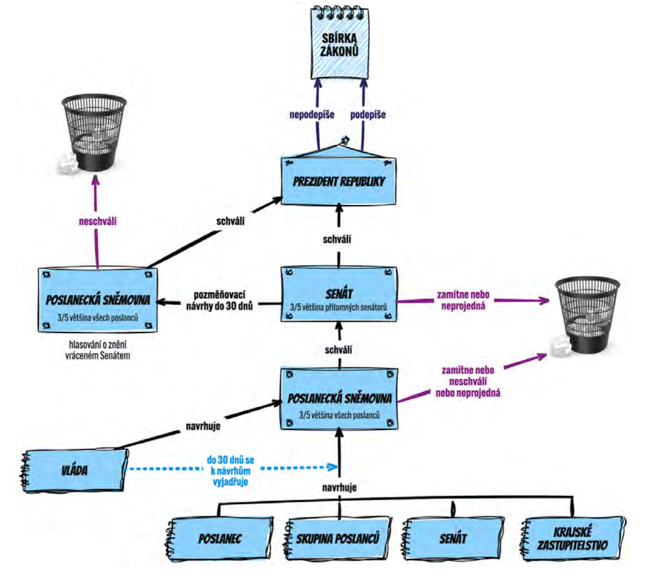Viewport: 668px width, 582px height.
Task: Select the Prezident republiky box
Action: (338, 181)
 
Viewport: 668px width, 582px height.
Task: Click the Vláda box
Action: (74, 470)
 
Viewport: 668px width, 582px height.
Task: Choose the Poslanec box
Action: (220, 538)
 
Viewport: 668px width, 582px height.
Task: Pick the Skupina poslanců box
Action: (337, 538)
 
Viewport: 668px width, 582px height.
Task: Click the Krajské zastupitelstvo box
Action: (572, 538)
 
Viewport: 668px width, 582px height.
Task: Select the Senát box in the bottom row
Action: (453, 538)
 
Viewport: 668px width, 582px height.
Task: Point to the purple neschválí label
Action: (98, 222)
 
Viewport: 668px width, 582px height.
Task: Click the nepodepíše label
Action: (312, 115)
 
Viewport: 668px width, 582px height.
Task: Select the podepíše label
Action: (367, 115)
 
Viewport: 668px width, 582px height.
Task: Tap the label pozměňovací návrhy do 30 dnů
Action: (219, 301)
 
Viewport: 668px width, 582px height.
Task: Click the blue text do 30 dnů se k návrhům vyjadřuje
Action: (230, 470)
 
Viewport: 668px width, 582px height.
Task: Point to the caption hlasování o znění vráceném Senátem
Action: (98, 350)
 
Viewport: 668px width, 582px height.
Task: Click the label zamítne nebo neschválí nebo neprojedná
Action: (468, 381)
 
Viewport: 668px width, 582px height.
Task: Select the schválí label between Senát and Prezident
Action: (337, 239)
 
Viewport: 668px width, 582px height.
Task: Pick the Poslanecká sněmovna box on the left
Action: (98, 301)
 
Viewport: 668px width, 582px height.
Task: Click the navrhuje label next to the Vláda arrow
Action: (203, 426)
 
